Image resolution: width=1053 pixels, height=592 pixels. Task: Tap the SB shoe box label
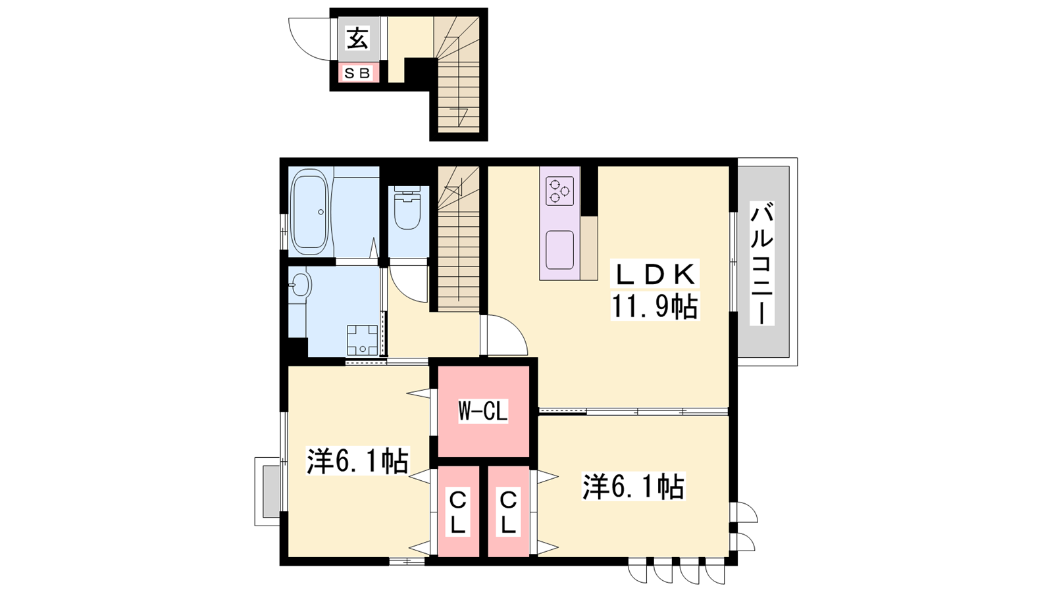358,73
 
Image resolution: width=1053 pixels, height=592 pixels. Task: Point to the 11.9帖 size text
655,307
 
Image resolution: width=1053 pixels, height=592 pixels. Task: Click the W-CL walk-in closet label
483,412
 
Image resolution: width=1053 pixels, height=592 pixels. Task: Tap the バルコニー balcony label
761,264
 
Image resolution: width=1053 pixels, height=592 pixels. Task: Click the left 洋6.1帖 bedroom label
357,461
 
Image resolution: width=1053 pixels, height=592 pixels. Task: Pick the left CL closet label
458,512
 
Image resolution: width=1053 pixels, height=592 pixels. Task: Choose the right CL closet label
507,512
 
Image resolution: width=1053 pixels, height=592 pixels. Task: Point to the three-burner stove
559,191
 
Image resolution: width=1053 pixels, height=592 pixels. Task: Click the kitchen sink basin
559,250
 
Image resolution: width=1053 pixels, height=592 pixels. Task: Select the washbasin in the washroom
299,285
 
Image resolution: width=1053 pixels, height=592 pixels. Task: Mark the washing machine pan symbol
362,340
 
